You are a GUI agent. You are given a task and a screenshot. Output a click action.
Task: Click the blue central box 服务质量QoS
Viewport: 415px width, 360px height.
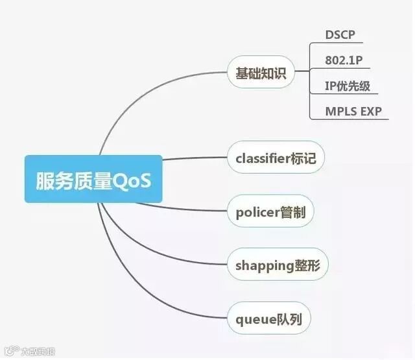(93, 178)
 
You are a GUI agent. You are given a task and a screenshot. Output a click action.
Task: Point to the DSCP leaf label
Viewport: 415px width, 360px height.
(340, 35)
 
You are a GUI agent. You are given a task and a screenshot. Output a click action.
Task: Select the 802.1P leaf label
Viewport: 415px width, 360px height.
(344, 60)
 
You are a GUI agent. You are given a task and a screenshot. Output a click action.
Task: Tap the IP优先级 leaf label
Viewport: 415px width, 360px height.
(348, 86)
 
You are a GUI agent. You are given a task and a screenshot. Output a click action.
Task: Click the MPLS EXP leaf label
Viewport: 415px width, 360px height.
(354, 111)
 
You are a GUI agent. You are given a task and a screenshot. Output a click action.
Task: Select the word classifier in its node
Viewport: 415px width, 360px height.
(263, 158)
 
